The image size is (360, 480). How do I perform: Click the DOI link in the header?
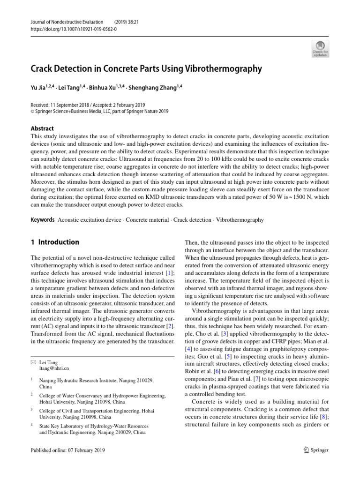(x=74, y=28)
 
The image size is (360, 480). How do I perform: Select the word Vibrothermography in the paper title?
(x=225, y=69)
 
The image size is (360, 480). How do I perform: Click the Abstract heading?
(x=42, y=128)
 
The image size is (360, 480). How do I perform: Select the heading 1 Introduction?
(x=55, y=242)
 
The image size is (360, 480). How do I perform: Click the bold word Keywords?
(x=42, y=219)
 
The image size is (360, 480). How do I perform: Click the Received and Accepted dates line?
(x=87, y=105)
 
